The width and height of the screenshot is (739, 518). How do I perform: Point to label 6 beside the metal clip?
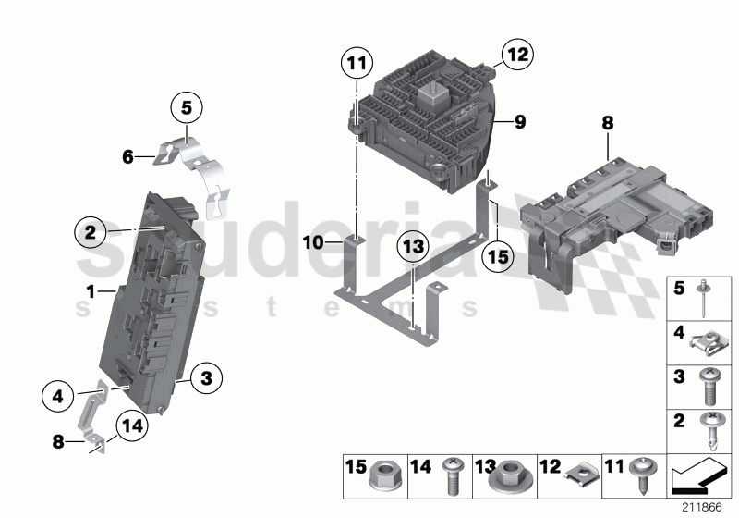(x=128, y=157)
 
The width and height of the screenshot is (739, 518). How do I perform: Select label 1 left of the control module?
(x=91, y=290)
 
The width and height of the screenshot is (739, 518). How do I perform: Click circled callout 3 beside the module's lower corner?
(x=207, y=376)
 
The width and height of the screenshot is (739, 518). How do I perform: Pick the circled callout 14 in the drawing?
(x=132, y=426)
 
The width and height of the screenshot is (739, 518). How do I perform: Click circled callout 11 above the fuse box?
(x=357, y=64)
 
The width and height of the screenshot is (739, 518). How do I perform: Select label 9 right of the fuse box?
(x=520, y=121)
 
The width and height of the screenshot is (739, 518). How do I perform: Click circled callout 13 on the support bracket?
(x=414, y=247)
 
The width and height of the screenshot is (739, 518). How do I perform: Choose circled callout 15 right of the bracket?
(x=497, y=256)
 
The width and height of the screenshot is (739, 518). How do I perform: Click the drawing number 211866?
(x=703, y=508)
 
